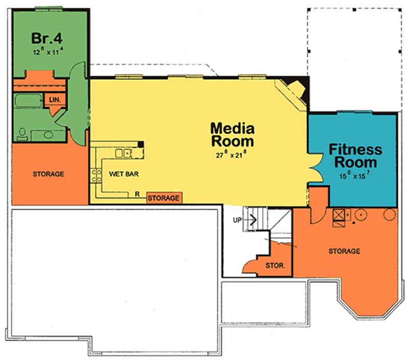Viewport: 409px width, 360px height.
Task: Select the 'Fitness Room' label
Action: (355, 156)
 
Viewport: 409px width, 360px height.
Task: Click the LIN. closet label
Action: (55, 100)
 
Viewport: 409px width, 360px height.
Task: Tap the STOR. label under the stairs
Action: (271, 266)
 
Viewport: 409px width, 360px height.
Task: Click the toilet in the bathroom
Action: (22, 134)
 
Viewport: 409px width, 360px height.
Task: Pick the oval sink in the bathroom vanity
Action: (48, 135)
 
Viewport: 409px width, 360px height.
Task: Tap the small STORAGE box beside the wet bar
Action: (164, 198)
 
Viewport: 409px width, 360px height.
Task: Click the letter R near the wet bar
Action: (138, 193)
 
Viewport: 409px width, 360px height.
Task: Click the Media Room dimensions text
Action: (232, 154)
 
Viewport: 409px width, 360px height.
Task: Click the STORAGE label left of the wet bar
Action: (49, 174)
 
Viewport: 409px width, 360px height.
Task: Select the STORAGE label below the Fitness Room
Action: (345, 251)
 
